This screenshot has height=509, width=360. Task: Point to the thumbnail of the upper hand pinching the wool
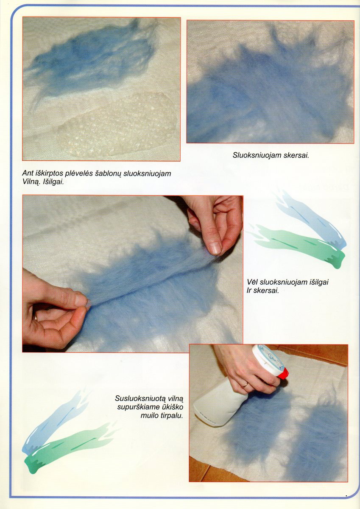click(x=215, y=248)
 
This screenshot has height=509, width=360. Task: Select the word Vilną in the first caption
click(x=31, y=182)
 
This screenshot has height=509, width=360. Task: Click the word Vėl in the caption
click(x=252, y=282)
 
